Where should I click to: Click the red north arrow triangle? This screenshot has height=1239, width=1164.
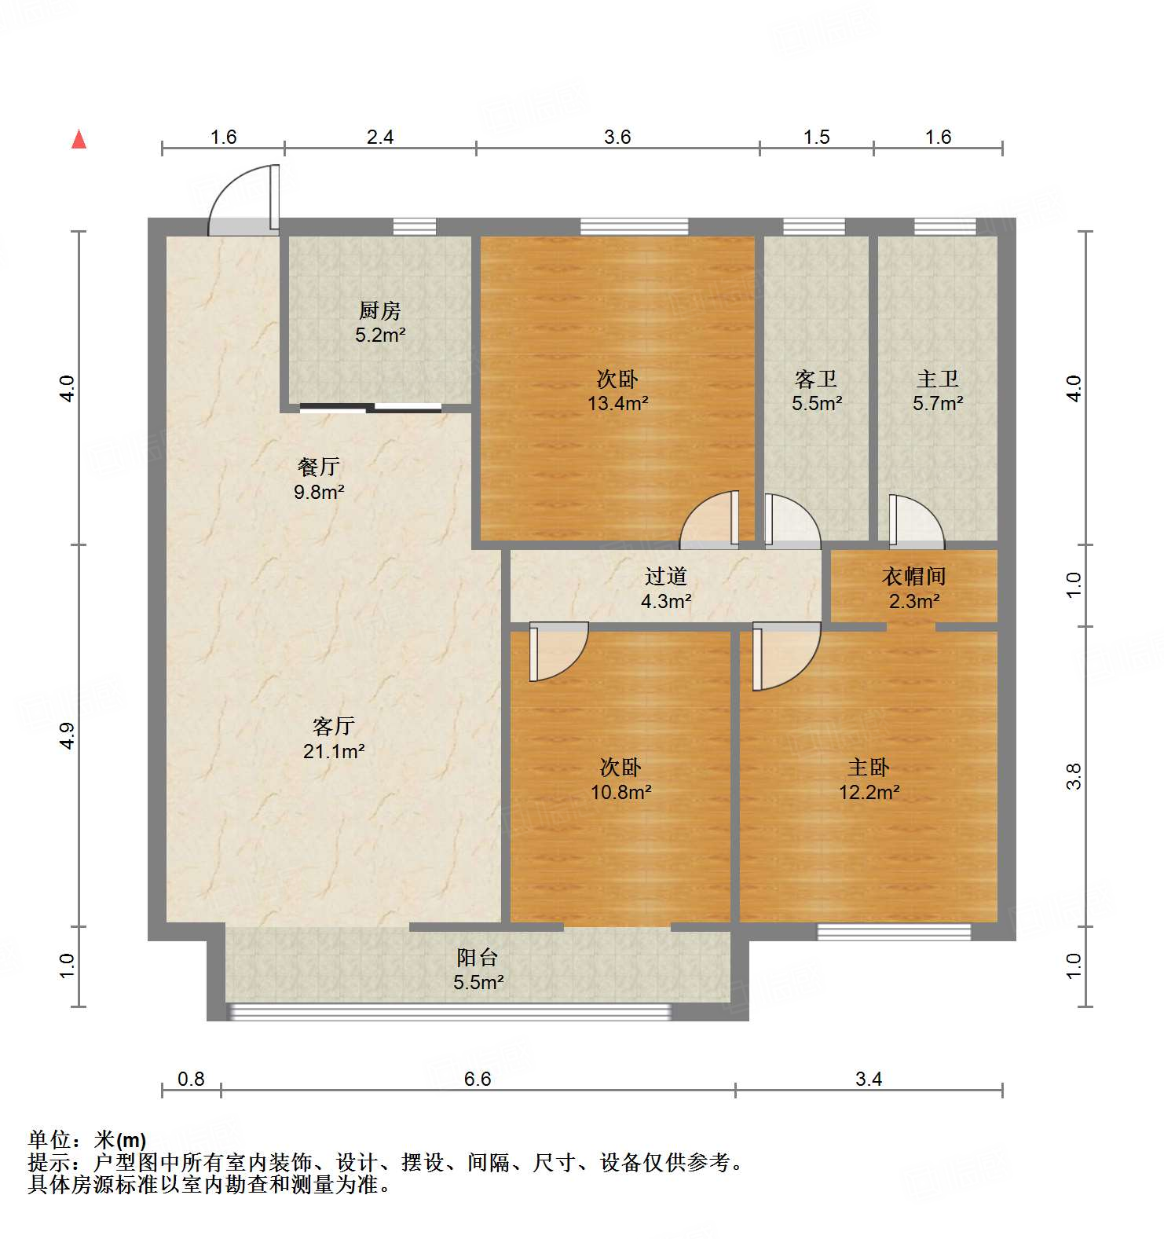coord(79,139)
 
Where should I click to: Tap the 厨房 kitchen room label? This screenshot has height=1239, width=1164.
coord(380,310)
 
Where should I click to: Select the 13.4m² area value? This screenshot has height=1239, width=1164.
coord(618,404)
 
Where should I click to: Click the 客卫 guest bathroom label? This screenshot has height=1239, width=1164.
coord(816,379)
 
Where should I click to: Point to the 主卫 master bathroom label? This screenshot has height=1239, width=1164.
coord(938,379)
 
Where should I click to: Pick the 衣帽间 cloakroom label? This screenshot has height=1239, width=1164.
coord(914,577)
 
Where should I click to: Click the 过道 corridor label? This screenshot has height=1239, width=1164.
coord(666,577)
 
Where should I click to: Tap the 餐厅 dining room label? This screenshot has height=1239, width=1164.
coord(319,467)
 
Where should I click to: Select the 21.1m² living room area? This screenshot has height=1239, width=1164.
coord(334,752)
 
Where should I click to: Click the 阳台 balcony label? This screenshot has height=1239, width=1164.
coord(478,958)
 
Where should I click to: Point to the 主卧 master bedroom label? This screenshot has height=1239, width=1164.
coord(869,767)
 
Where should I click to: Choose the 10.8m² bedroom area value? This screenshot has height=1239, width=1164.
coord(620,792)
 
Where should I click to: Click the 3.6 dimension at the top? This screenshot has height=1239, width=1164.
coord(617,137)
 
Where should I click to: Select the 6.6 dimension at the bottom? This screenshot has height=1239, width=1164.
coord(478,1079)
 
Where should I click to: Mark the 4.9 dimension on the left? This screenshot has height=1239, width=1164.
coord(68,735)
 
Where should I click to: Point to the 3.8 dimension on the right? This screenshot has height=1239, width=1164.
coord(1074,776)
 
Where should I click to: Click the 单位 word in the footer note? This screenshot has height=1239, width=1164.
coord(49,1139)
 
